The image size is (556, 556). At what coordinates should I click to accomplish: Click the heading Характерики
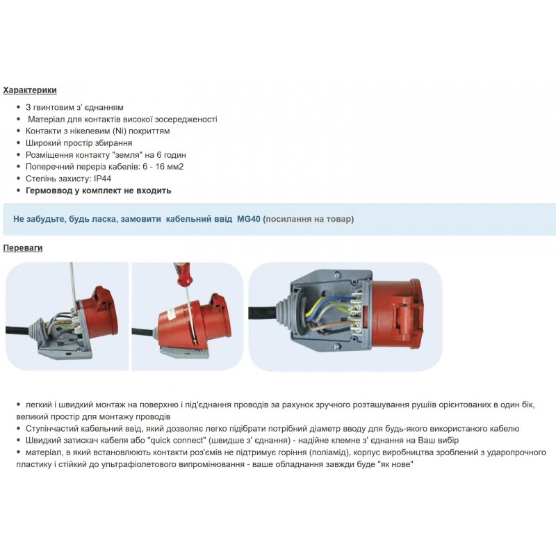pos(30,90)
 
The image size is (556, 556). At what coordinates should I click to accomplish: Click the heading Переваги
pos(23,248)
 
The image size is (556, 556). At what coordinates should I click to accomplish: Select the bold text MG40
pos(248,219)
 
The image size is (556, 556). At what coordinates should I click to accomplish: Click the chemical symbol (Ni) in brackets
pos(113,131)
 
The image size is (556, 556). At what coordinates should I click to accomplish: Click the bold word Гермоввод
pos(51,190)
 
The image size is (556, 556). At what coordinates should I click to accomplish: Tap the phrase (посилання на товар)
pos(309,219)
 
